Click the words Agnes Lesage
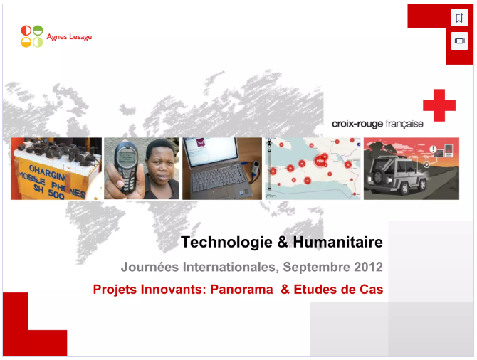tap(69, 37)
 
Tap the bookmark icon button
tap(459, 18)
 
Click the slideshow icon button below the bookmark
tap(459, 41)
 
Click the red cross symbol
tap(439, 105)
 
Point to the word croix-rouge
tap(357, 124)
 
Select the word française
tap(404, 124)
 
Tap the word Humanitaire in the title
tap(337, 242)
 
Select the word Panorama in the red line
tap(241, 289)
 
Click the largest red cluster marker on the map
tap(320, 161)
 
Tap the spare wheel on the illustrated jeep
tap(379, 176)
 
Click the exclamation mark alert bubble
tap(433, 149)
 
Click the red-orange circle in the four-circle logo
tap(26, 31)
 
